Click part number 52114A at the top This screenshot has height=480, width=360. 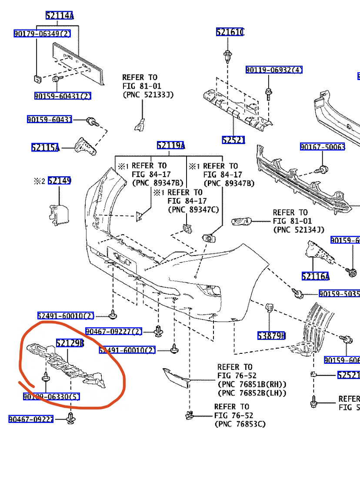[60, 16]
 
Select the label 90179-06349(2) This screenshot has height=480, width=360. [42, 34]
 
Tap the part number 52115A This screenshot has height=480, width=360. [45, 148]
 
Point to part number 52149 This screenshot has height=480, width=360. [59, 181]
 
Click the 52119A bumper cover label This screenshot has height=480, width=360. [171, 145]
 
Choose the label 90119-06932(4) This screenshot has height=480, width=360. [274, 70]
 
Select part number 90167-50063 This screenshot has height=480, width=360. [322, 147]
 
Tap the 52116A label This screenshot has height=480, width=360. [315, 276]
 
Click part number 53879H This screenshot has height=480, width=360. [271, 336]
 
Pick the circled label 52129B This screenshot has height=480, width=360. [70, 343]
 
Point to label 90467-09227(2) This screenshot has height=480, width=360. [113, 332]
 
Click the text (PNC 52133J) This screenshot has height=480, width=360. [148, 94]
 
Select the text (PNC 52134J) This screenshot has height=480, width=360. [299, 229]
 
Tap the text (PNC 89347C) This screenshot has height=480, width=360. [193, 210]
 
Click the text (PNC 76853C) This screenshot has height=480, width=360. [240, 423]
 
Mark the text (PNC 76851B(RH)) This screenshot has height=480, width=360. [252, 384]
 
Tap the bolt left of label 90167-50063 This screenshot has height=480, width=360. [323, 169]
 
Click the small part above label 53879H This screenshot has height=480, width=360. [268, 308]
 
